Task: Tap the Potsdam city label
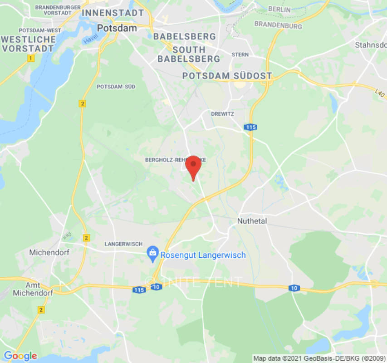[x=117, y=28]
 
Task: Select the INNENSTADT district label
[x=113, y=13]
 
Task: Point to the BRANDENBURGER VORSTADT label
[x=58, y=10]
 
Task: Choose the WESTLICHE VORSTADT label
[x=28, y=44]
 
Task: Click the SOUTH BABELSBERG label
[x=189, y=54]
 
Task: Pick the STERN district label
[x=240, y=54]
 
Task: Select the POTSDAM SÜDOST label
[x=227, y=76]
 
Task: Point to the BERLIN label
[x=279, y=9]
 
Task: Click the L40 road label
[x=380, y=93]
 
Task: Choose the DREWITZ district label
[x=222, y=114]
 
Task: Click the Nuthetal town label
[x=252, y=221]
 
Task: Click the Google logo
[x=20, y=356]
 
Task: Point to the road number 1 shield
[x=31, y=58]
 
